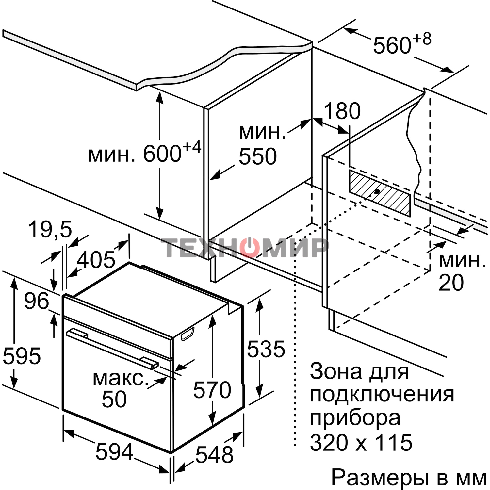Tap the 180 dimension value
pyautogui.click(x=342, y=111)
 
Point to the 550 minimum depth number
pyautogui.click(x=258, y=156)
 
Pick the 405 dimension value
pyautogui.click(x=96, y=260)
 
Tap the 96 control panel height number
pyautogui.click(x=36, y=301)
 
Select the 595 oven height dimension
pyautogui.click(x=22, y=356)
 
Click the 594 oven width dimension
pyautogui.click(x=114, y=452)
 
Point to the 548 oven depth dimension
pyautogui.click(x=214, y=454)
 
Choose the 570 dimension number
pyautogui.click(x=212, y=390)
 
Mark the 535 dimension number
pyautogui.click(x=266, y=349)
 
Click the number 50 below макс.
pyautogui.click(x=114, y=399)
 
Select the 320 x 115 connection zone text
pyautogui.click(x=361, y=443)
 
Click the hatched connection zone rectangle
pyautogui.click(x=380, y=193)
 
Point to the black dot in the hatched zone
pyautogui.click(x=377, y=192)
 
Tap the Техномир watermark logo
pyautogui.click(x=245, y=247)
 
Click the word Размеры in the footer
pyautogui.click(x=380, y=478)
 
